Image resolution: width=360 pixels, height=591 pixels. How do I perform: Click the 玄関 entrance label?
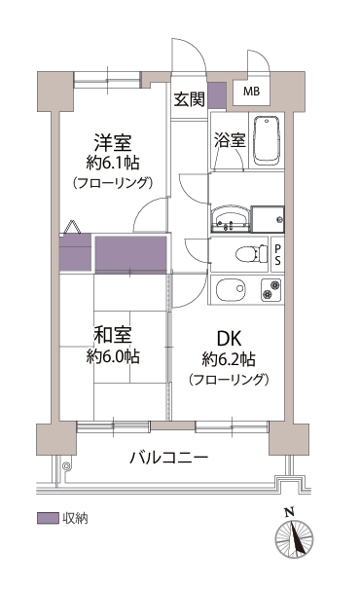coord(189,99)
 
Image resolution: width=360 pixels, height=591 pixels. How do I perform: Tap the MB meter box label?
coord(251,92)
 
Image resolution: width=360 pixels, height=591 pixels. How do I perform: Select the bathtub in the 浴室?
coord(267,140)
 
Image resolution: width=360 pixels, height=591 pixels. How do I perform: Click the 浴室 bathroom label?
coord(230,140)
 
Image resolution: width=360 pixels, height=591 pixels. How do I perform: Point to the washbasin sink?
coord(230,219)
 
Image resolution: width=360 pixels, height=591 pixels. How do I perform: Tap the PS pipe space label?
coord(277,254)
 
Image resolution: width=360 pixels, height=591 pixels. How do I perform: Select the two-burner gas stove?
coord(271,290)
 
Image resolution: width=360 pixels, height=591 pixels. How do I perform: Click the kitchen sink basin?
coord(231,289)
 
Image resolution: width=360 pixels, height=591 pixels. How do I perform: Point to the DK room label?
coord(229,339)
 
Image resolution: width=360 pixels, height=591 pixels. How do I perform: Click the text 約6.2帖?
coord(229,359)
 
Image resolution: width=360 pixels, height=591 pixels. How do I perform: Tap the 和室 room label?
coord(113,335)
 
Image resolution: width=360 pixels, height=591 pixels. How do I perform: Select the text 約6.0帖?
coord(113,355)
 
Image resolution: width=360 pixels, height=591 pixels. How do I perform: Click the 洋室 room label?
coord(113,142)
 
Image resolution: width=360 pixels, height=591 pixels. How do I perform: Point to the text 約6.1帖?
coord(113,163)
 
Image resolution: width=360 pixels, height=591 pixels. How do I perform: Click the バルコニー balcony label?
coord(168,458)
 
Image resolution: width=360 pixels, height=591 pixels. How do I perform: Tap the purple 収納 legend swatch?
coord(48,518)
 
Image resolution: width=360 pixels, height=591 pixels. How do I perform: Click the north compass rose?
coord(294,536)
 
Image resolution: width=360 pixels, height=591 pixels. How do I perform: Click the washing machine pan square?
coord(268,219)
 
